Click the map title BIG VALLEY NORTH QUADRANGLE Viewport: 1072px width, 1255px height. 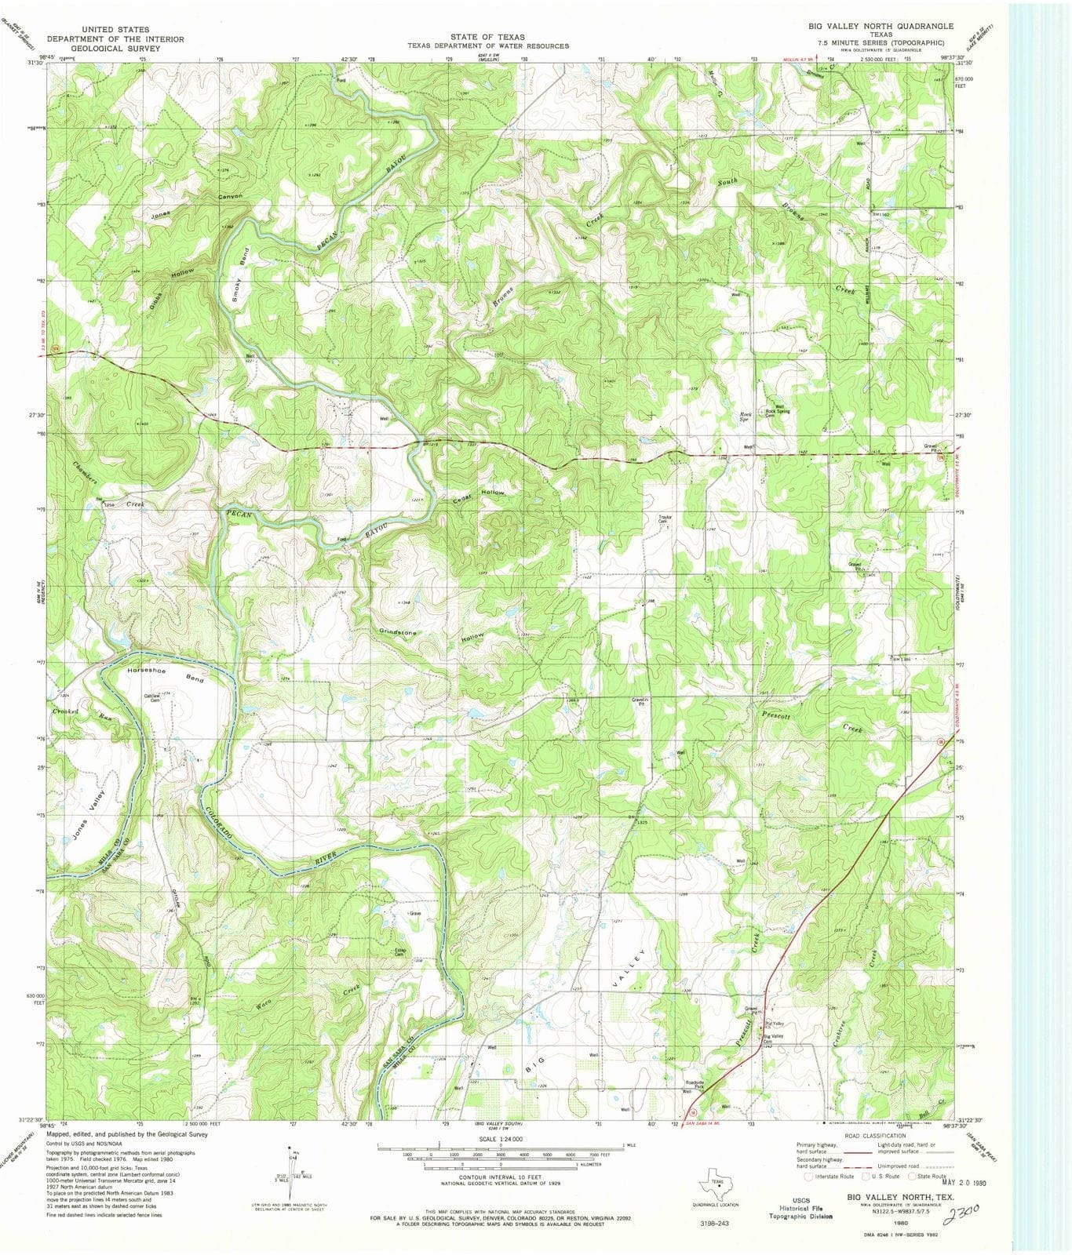click(881, 26)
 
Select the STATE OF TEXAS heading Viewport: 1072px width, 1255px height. click(487, 36)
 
